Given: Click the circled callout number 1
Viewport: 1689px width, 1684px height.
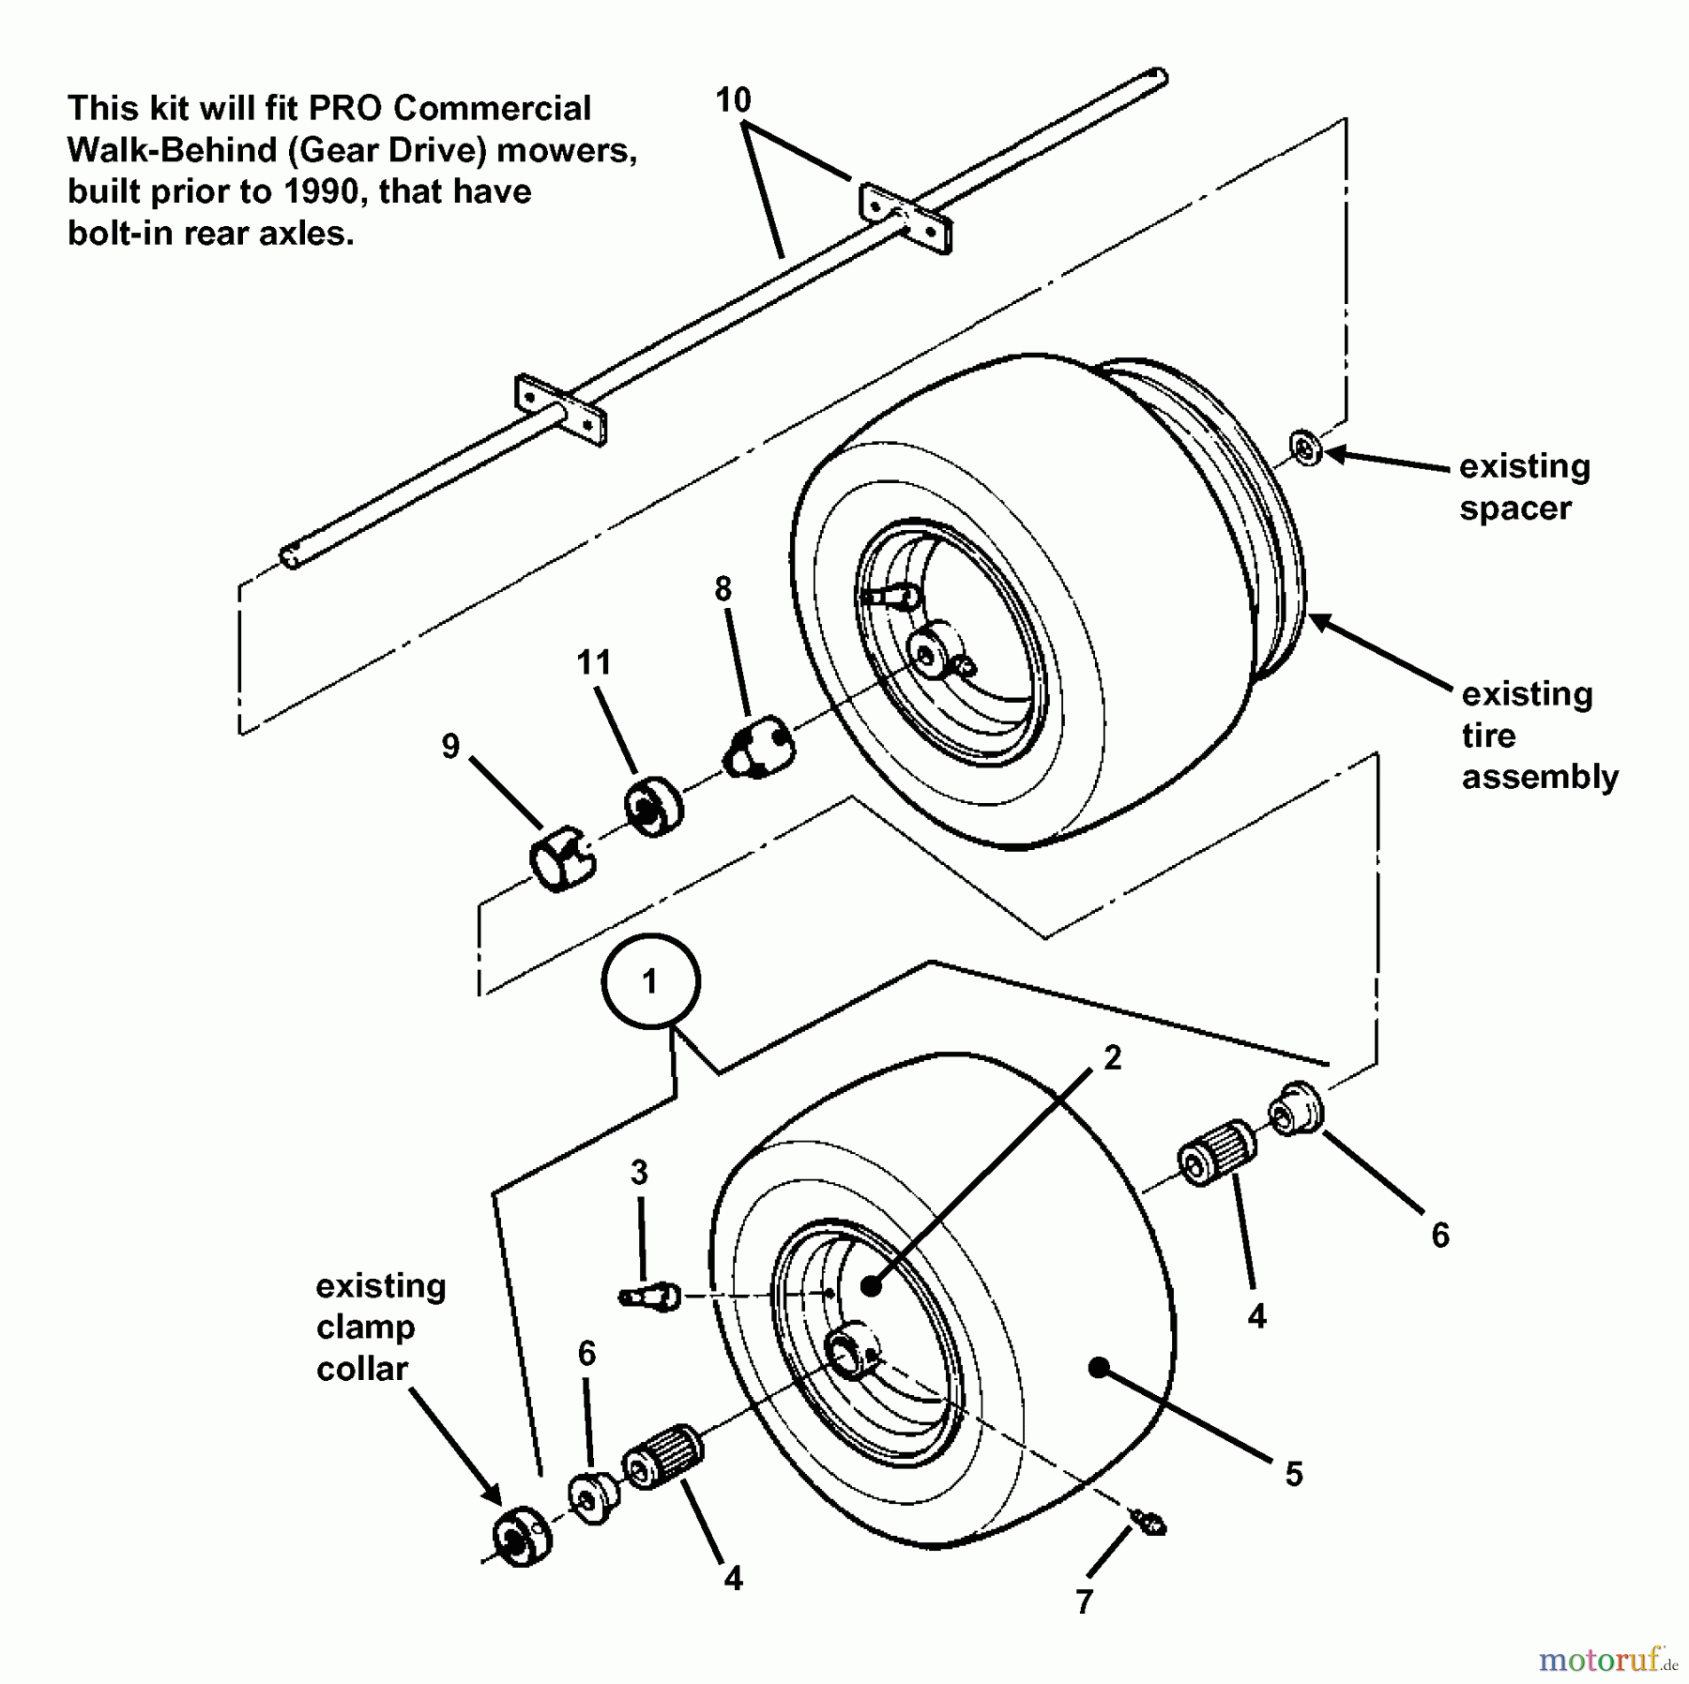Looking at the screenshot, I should pos(649,981).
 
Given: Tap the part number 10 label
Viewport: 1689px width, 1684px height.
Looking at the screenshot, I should pos(733,99).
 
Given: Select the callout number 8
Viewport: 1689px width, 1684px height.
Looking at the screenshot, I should pos(722,589).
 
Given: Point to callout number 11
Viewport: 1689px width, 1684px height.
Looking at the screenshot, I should pos(593,662).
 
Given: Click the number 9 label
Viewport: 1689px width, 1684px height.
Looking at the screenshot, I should pos(450,747).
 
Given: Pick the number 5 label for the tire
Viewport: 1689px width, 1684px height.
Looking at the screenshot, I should pos(1294,1474).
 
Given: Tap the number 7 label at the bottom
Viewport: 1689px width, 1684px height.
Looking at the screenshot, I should pos(1085,1601).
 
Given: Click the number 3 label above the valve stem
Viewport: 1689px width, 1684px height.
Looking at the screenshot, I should pos(639,1172).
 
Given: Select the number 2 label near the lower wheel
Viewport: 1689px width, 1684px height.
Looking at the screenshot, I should pos(1112,1058).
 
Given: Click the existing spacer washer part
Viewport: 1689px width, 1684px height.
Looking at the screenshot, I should pos(1305,448).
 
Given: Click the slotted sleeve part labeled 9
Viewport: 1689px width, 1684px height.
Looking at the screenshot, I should pos(561,856).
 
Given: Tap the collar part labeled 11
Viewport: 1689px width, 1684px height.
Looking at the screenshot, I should pos(653,807).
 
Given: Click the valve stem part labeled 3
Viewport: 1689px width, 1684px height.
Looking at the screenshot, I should pos(650,1297).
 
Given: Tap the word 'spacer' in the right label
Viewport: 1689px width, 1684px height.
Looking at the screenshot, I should pos(1514,508).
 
